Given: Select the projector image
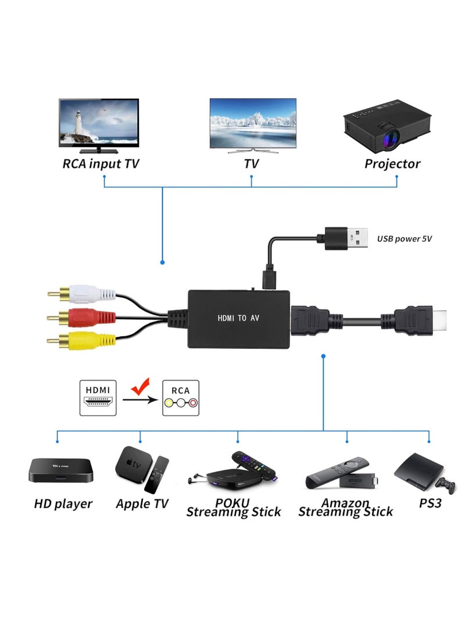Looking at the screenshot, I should pyautogui.click(x=380, y=125).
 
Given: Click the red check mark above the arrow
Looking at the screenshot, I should pyautogui.click(x=140, y=387).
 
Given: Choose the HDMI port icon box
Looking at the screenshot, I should pyautogui.click(x=98, y=398).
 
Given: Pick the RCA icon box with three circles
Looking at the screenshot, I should pyautogui.click(x=180, y=398).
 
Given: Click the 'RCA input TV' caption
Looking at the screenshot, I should pyautogui.click(x=101, y=164).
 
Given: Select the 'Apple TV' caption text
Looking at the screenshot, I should pyautogui.click(x=142, y=504).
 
